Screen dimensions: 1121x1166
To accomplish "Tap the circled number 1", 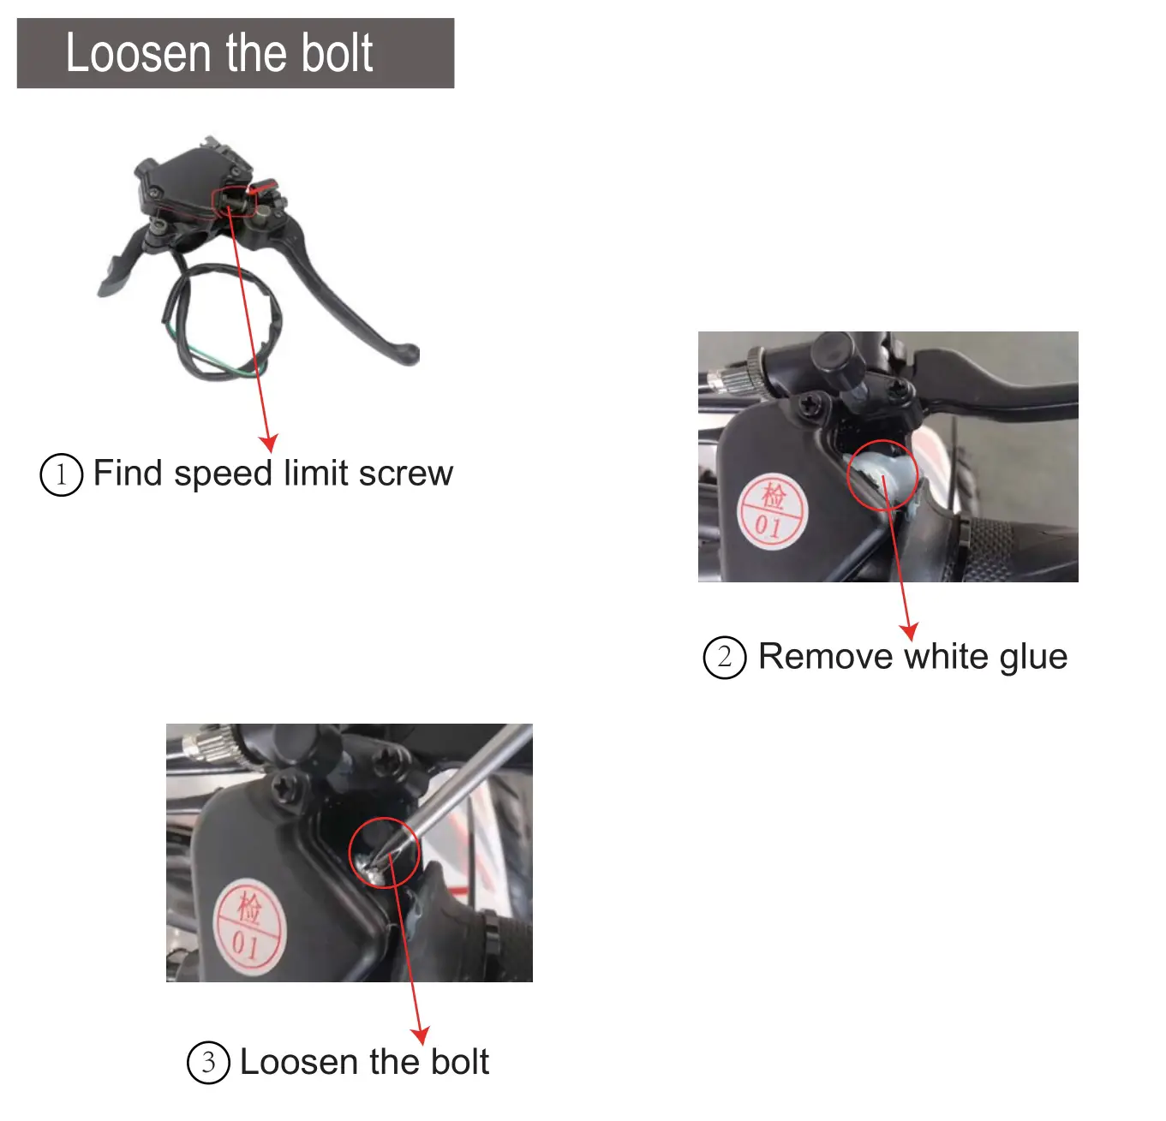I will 61,474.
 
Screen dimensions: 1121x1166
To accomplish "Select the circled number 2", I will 724,658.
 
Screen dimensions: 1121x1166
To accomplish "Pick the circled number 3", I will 208,1063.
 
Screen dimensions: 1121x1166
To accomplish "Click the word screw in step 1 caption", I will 405,474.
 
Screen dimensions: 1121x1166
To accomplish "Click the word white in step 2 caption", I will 946,657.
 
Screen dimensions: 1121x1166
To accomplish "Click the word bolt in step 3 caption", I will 459,1062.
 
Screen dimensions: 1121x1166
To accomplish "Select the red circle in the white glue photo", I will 882,475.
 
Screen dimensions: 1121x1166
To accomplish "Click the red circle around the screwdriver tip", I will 385,852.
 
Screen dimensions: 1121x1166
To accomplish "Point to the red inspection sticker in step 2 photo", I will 773,511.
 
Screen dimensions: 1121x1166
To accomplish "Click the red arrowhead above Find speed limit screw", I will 269,443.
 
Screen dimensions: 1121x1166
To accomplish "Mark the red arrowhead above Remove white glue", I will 909,631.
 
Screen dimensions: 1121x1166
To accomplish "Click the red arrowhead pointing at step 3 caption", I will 420,1035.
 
